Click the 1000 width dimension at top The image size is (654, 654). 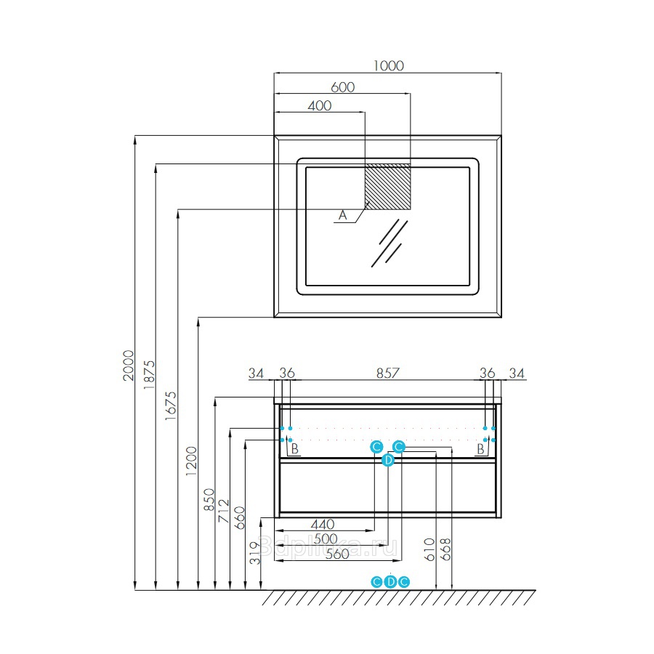[x=388, y=66]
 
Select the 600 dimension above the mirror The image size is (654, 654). [x=342, y=87]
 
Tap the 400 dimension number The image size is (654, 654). [x=320, y=106]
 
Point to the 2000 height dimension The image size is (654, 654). [x=129, y=366]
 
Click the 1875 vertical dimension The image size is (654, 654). [x=149, y=375]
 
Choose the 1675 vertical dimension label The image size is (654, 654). [x=170, y=405]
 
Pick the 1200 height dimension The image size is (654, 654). [x=191, y=461]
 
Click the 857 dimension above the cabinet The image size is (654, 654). [x=388, y=373]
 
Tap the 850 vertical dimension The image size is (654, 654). [x=209, y=500]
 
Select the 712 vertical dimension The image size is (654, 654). [x=224, y=512]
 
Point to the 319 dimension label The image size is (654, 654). [x=255, y=553]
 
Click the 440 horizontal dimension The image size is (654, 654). [x=323, y=524]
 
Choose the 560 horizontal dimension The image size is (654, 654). [x=337, y=554]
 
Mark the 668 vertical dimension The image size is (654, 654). [x=446, y=549]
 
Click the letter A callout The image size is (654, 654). [x=342, y=215]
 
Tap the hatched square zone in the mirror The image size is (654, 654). [x=388, y=187]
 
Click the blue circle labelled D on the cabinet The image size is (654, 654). [x=388, y=460]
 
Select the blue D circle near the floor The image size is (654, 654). [x=390, y=582]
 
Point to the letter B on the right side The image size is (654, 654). [x=480, y=449]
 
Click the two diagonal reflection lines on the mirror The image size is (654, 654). [x=389, y=243]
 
